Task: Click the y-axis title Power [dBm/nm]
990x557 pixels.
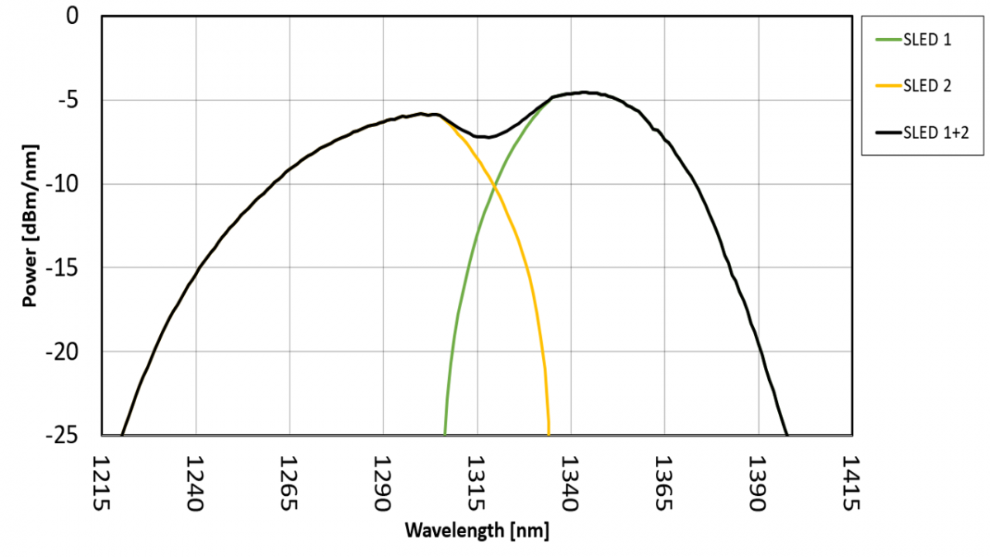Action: pos(31,225)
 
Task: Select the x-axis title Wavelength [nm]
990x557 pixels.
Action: pos(476,530)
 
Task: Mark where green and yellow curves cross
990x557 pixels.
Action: pos(494,188)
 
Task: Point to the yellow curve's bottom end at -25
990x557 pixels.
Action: pos(549,433)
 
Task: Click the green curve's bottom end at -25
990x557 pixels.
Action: pos(445,433)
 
